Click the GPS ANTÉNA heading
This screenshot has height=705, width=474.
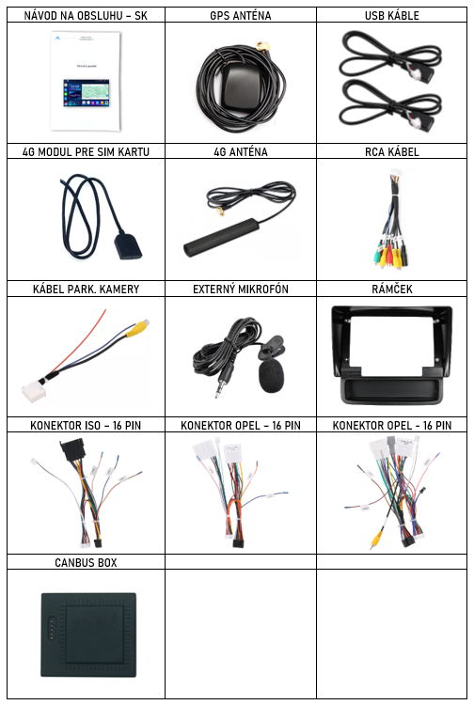(241, 16)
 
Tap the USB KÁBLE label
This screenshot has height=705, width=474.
(391, 16)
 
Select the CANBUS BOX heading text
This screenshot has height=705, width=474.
(86, 562)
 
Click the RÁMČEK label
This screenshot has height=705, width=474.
(391, 290)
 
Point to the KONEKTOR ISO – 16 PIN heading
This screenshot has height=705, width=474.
(86, 425)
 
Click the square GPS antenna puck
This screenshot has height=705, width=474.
(241, 87)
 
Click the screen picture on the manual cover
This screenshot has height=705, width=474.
(87, 93)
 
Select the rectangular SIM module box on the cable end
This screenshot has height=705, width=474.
(128, 245)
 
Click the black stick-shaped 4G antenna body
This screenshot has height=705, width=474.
(221, 237)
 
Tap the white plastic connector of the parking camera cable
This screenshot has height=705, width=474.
(34, 392)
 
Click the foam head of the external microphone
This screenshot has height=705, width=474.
(271, 375)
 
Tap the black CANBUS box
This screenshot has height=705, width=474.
(89, 634)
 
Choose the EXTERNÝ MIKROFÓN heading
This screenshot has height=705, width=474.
(241, 290)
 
